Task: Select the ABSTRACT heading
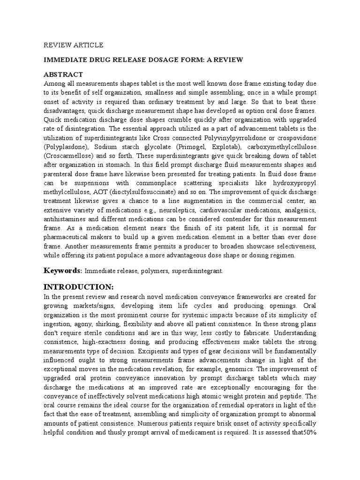pyautogui.click(x=63, y=75)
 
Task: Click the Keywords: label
pyautogui.click(x=63, y=270)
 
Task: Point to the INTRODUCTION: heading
pyautogui.click(x=78, y=286)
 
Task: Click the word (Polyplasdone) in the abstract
pyautogui.click(x=66, y=146)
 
